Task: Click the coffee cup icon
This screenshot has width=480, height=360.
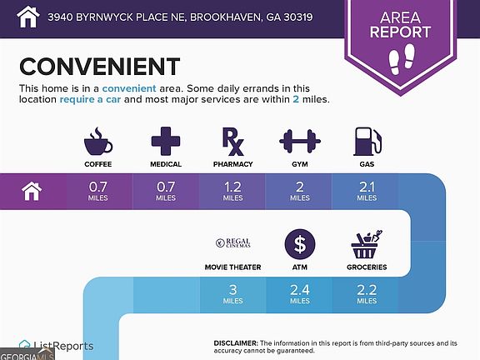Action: (x=98, y=142)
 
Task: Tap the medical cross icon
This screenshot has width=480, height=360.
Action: (x=166, y=141)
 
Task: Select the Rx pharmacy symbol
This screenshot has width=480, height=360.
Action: (x=233, y=142)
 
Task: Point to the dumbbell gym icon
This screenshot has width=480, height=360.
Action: (x=300, y=141)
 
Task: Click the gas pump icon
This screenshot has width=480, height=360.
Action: (x=367, y=142)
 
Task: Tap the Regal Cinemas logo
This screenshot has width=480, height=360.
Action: (x=233, y=243)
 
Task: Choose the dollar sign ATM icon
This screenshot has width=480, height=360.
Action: (x=300, y=244)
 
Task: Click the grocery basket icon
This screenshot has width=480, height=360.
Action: (x=367, y=244)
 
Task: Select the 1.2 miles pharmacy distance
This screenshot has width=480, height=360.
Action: (x=233, y=192)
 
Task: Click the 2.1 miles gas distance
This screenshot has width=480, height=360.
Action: (x=367, y=192)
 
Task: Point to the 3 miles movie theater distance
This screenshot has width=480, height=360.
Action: (x=233, y=294)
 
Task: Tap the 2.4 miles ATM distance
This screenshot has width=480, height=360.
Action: (x=300, y=294)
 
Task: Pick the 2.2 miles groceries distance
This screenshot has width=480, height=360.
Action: (x=367, y=294)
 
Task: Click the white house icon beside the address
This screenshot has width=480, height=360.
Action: (x=28, y=17)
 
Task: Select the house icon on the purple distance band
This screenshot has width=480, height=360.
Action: (x=32, y=192)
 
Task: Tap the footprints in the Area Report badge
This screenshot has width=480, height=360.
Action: (x=402, y=59)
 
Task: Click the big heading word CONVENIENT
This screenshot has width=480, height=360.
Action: (x=100, y=67)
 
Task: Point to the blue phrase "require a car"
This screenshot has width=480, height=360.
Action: (x=90, y=99)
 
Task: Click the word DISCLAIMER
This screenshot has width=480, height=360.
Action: (x=236, y=343)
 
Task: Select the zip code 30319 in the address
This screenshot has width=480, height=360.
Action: (x=297, y=17)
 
